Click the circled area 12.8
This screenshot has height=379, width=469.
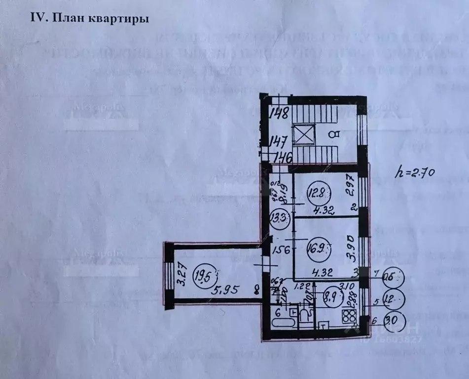317,190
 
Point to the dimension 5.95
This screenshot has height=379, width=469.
225,290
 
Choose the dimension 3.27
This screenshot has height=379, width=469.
182,275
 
